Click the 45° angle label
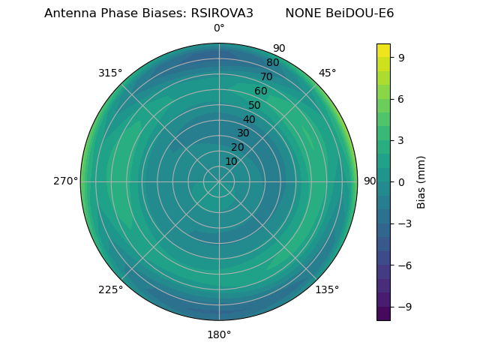327,73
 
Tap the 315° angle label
110,73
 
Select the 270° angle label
66,181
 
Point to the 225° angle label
110,290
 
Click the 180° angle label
219,334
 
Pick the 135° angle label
327,290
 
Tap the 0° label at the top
219,28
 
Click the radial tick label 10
231,161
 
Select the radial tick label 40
249,120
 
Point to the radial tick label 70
266,77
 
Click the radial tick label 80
272,63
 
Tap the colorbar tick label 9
401,56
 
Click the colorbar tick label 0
401,181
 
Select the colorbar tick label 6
401,98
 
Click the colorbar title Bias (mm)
421,181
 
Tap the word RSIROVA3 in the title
223,13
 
